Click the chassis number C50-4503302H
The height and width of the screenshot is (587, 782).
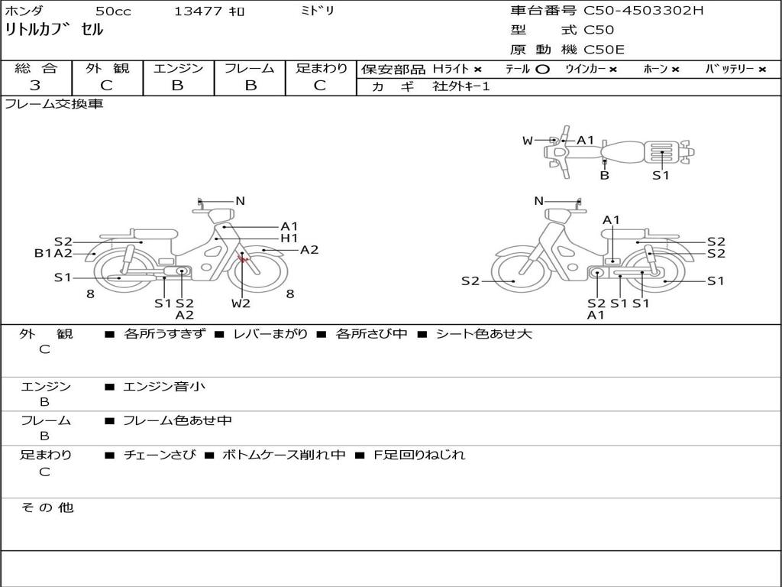click(643, 10)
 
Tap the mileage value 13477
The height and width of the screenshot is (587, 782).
click(198, 11)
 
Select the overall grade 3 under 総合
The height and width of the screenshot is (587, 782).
click(35, 86)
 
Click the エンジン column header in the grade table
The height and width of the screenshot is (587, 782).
click(178, 68)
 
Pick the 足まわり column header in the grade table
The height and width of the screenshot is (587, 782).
click(322, 68)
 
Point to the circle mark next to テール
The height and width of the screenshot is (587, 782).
click(543, 70)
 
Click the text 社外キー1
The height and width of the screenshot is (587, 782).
click(461, 86)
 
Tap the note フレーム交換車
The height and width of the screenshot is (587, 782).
click(54, 104)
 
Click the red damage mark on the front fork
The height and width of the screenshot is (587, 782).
click(243, 258)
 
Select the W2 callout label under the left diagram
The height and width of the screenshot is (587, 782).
click(241, 303)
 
